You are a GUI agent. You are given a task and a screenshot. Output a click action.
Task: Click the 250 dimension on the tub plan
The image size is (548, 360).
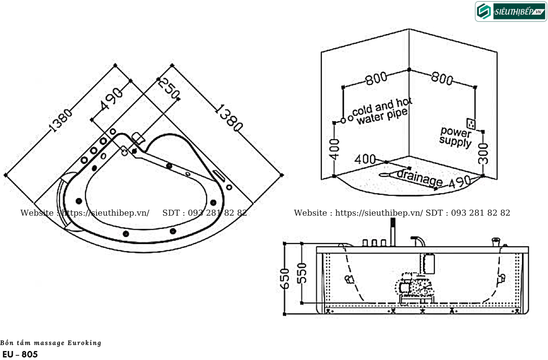168,89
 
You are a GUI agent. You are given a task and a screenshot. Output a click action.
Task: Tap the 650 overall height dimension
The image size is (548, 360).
286,278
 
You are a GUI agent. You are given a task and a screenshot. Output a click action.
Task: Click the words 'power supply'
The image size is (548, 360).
455,136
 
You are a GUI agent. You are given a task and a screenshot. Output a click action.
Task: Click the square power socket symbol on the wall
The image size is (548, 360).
471,123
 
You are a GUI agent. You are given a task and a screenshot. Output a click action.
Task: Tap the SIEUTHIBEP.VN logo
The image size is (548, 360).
511,12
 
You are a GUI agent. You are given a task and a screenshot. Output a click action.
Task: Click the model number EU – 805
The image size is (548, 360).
20,354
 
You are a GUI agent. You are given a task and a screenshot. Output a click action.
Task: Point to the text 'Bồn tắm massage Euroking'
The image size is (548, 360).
51,343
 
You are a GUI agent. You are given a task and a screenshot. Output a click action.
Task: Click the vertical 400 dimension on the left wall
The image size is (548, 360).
335,149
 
